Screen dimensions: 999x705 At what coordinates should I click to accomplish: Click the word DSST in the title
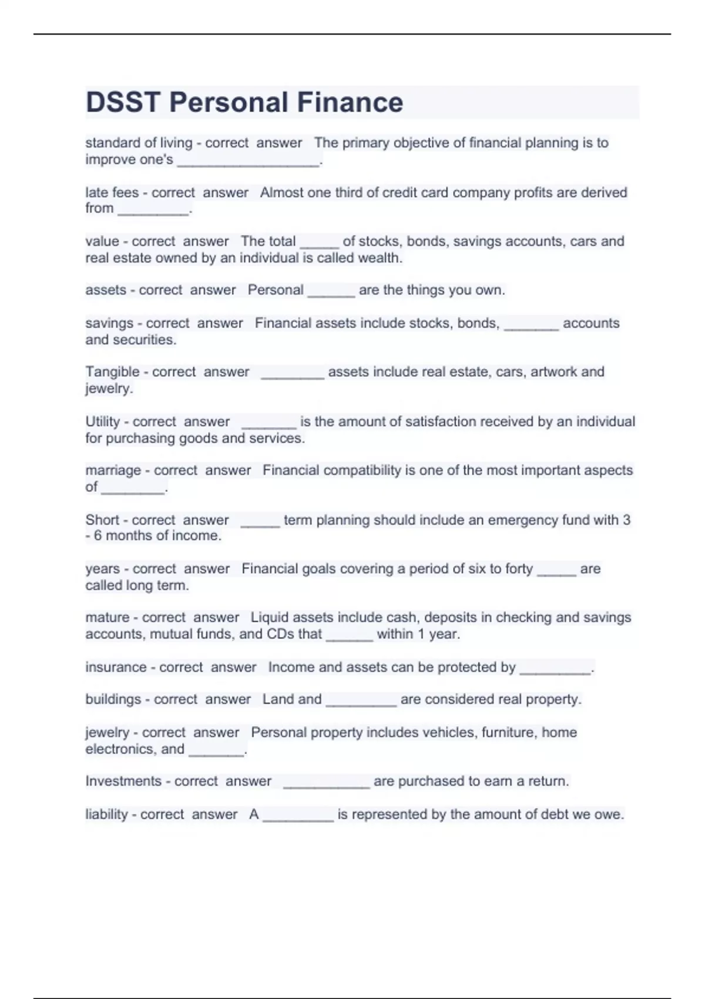point(123,102)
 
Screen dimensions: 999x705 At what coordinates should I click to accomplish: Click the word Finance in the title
point(350,102)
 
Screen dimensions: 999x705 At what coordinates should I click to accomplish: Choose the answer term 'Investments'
point(122,781)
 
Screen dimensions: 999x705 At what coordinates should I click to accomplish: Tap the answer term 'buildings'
point(112,699)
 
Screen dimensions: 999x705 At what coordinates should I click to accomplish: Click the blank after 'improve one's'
point(248,162)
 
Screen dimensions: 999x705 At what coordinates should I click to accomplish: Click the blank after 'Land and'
point(361,702)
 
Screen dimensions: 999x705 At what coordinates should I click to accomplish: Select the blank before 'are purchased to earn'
point(326,783)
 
